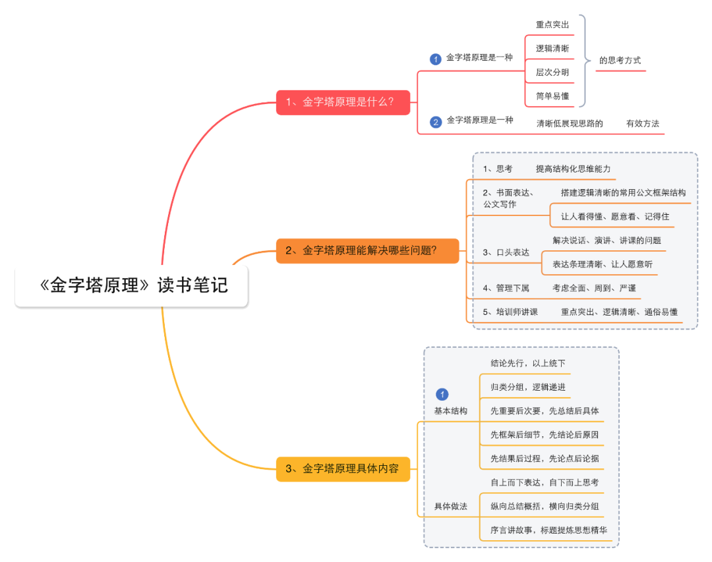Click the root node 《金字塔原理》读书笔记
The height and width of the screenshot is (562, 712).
click(132, 286)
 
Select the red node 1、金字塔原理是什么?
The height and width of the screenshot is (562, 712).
click(343, 102)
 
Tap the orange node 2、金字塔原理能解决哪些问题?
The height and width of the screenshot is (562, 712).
click(367, 250)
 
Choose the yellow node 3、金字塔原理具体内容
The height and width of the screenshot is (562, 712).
click(342, 469)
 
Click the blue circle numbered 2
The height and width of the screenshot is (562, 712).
click(435, 122)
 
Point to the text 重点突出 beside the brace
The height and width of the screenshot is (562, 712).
click(552, 24)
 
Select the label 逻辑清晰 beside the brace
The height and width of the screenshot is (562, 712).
click(552, 48)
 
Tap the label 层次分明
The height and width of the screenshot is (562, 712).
click(552, 72)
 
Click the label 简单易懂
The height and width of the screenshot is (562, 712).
click(552, 96)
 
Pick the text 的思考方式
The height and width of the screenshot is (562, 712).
click(620, 60)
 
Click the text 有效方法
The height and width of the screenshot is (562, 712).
click(643, 123)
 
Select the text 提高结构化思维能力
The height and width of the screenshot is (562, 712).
click(573, 169)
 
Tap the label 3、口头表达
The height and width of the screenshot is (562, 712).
click(506, 252)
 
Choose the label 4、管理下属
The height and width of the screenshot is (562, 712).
click(506, 288)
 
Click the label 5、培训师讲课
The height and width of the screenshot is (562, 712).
click(511, 312)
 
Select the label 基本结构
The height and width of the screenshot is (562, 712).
click(450, 410)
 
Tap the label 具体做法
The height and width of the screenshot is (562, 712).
click(450, 506)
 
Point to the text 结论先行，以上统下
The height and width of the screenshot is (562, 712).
click(528, 363)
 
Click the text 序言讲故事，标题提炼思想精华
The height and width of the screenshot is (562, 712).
click(549, 530)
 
